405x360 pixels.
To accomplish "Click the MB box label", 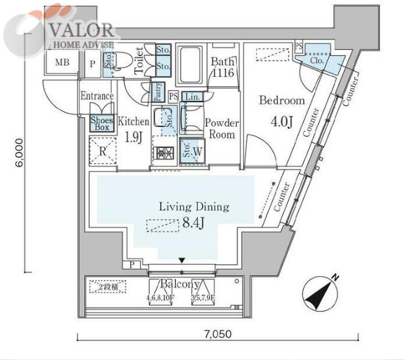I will coord(62,63).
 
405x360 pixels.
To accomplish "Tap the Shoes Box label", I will coord(102,123).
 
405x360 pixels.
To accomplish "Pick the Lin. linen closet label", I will coord(191,97).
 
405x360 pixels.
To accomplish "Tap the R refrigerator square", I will coord(103,150).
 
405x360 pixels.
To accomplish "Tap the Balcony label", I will coord(181,284).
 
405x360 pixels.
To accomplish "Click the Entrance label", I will coord(97,97).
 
